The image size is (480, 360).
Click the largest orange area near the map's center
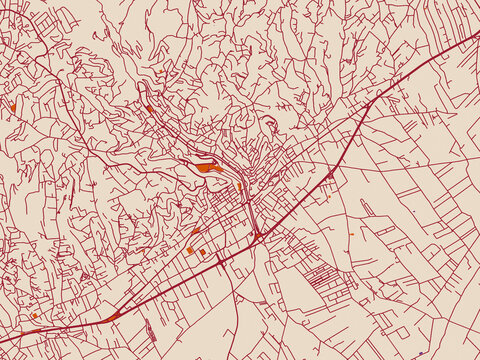(208, 168)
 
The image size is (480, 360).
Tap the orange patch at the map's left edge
(14, 104)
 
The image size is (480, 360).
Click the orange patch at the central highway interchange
(258, 235)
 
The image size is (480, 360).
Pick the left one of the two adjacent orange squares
(190, 250)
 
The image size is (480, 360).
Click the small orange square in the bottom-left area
(33, 316)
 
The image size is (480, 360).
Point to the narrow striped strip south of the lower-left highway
(150, 331)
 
